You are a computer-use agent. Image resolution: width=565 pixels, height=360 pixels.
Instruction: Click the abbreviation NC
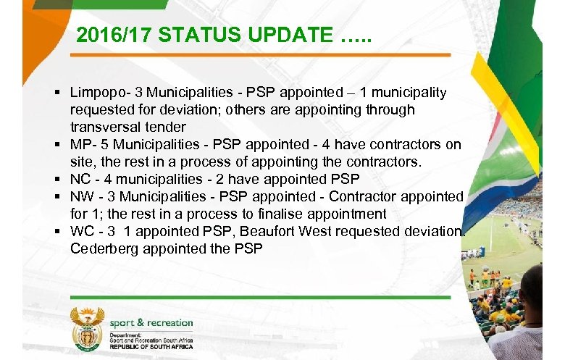coord(80,179)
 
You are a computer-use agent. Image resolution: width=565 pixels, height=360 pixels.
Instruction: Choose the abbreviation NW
coord(81,196)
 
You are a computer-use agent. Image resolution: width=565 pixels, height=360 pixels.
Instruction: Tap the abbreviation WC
coord(81,231)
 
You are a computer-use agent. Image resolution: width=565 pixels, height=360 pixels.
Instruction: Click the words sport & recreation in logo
coord(151,322)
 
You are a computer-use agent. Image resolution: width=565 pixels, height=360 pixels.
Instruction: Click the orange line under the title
coord(261,55)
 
